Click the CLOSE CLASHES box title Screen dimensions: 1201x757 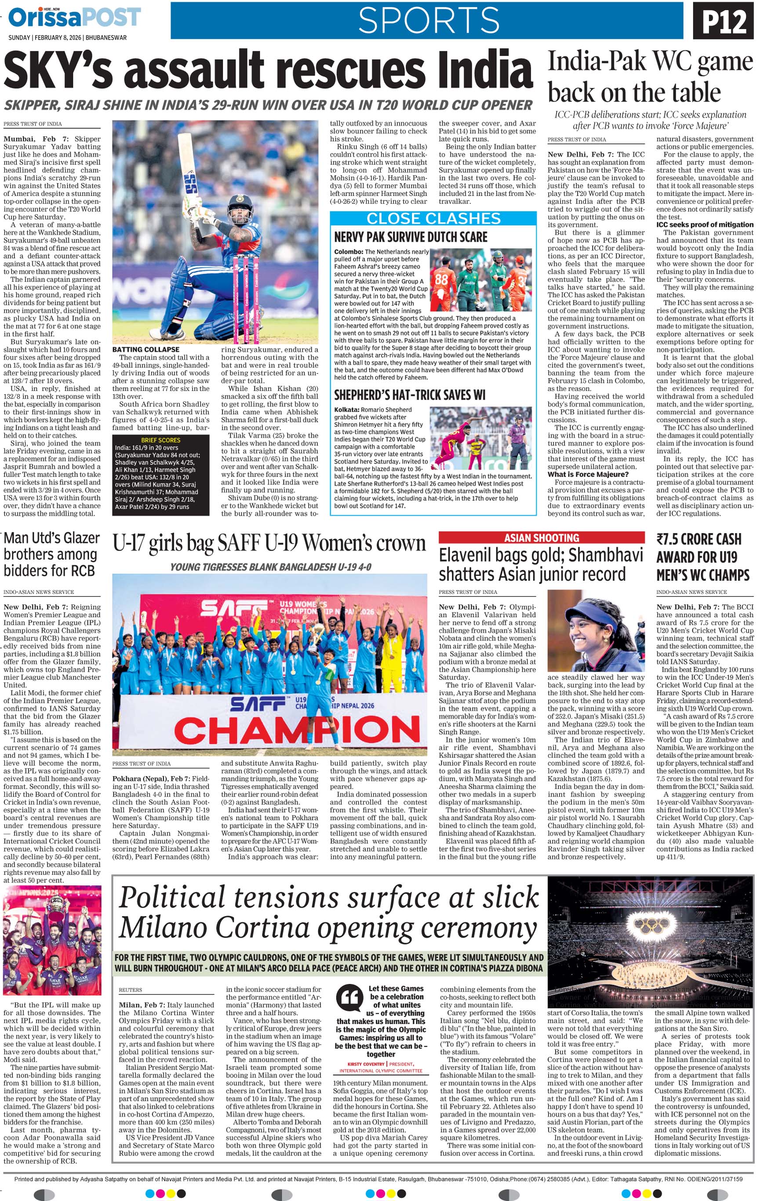click(433, 218)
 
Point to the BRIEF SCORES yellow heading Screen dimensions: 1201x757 click(161, 440)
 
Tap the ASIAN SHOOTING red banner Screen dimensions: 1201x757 click(542, 538)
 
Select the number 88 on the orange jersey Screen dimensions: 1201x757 click(441, 279)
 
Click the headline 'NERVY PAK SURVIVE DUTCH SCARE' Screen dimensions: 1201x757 click(411, 237)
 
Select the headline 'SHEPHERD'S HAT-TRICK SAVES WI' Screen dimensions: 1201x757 click(410, 395)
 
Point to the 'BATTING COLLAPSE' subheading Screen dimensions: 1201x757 click(146, 350)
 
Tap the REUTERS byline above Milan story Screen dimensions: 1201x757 click(130, 990)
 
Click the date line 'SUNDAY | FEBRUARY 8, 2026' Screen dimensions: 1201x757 click(67, 38)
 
